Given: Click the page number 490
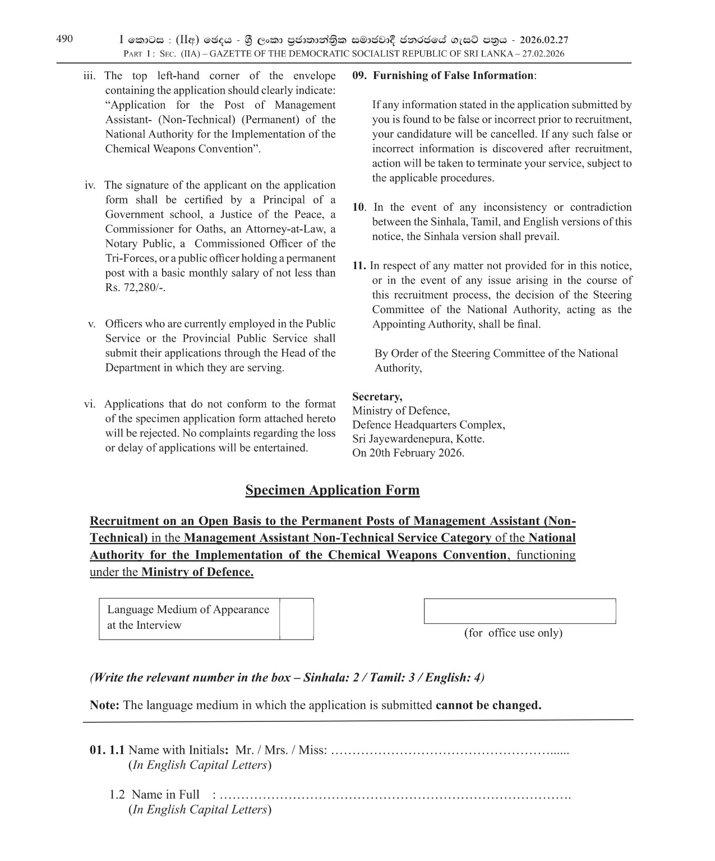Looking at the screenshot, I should point(64,39).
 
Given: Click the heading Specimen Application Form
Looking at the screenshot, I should point(332,490).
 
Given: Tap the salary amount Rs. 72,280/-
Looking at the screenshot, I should point(135,288).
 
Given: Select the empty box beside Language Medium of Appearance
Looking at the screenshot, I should point(296,619).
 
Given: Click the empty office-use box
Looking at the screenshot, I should point(519,611).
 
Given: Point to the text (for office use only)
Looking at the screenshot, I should point(513,633).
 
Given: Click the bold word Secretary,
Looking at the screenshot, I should point(377,397).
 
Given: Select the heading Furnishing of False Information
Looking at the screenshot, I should point(453,76).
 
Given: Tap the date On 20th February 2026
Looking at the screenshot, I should point(408,453).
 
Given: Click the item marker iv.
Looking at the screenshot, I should point(90,185).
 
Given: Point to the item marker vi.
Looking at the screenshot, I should point(90,404).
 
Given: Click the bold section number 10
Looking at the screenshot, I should point(358,207).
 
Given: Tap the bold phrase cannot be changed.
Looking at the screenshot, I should point(488,705).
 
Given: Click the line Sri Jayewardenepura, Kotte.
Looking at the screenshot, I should point(418,439).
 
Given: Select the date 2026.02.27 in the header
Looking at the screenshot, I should point(544,40).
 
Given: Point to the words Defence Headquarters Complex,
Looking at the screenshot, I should point(428,425).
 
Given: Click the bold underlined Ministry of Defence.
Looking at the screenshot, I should point(197,572).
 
